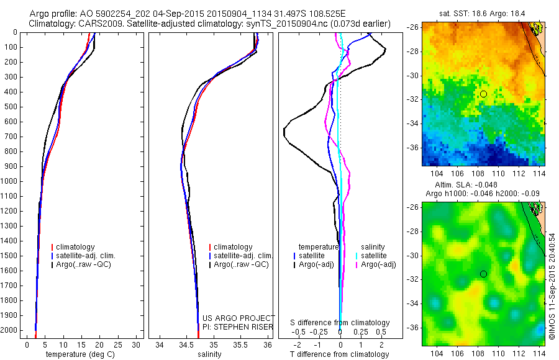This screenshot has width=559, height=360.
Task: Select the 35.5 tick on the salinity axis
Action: click(241, 344)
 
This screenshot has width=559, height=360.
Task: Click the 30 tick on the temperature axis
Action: click(137, 344)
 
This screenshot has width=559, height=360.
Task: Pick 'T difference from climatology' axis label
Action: click(340, 354)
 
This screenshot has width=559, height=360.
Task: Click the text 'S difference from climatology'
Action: click(340, 323)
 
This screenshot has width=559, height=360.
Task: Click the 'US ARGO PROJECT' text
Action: click(239, 318)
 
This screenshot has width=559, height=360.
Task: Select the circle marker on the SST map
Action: click(483, 94)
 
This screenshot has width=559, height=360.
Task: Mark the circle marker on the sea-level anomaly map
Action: click(483, 274)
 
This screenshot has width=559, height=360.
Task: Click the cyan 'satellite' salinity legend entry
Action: click(376, 256)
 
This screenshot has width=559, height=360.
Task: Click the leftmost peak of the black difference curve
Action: click(284, 130)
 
